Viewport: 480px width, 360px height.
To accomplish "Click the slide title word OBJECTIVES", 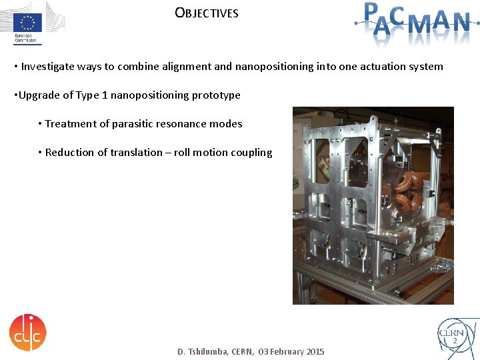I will point(207,13).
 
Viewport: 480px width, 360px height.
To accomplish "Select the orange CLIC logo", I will point(28,331).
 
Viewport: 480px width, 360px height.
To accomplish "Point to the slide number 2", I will point(455,341).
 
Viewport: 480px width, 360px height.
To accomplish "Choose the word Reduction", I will point(70,153).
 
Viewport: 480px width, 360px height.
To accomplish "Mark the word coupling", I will point(251,153).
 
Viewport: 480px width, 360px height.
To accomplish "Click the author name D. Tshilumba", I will point(203,351).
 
